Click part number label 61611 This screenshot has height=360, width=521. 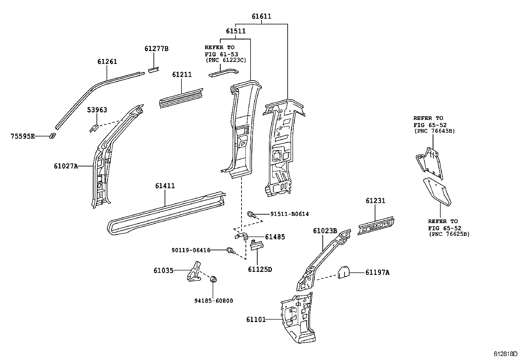pyautogui.click(x=261, y=16)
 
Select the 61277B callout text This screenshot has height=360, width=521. pyautogui.click(x=156, y=49)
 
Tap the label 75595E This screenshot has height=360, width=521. pyautogui.click(x=23, y=136)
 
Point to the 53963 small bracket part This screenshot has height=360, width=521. pyautogui.click(x=94, y=128)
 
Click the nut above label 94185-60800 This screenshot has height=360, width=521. pyautogui.click(x=213, y=279)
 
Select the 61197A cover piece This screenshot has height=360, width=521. pyautogui.click(x=344, y=272)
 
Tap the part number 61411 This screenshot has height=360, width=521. pyautogui.click(x=165, y=186)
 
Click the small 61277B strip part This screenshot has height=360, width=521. pyautogui.click(x=153, y=70)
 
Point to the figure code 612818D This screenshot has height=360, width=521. pyautogui.click(x=505, y=354)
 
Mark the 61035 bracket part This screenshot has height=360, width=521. pyautogui.click(x=194, y=272)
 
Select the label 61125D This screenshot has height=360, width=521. pyautogui.click(x=260, y=269)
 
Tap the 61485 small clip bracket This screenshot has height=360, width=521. pyautogui.click(x=242, y=237)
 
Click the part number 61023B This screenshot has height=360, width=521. pyautogui.click(x=325, y=231)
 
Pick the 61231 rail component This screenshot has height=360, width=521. pyautogui.click(x=376, y=226)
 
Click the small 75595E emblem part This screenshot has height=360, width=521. pyautogui.click(x=53, y=136)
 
